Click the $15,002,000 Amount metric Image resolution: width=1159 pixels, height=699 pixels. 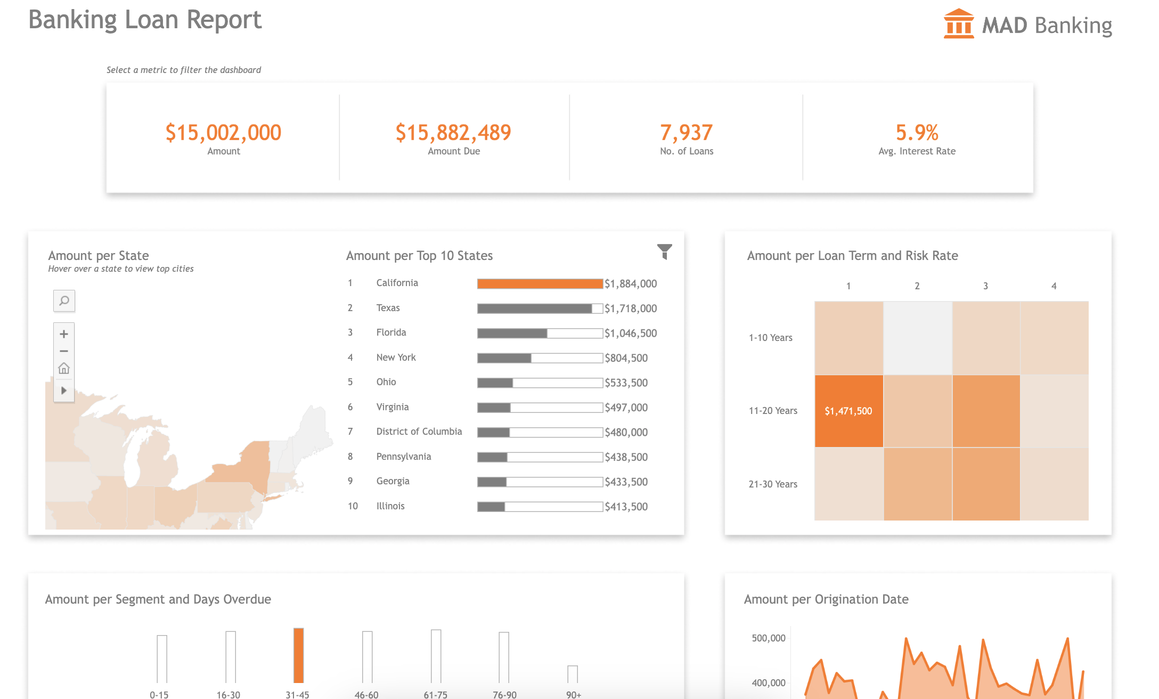pyautogui.click(x=223, y=133)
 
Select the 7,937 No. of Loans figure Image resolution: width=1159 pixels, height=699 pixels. pyautogui.click(x=686, y=133)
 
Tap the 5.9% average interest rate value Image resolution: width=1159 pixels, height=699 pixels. pyautogui.click(x=917, y=133)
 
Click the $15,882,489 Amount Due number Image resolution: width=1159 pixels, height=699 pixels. pyautogui.click(x=453, y=133)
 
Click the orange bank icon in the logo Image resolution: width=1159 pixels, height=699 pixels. pyautogui.click(x=958, y=24)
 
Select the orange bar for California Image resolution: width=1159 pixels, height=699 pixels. pyautogui.click(x=540, y=284)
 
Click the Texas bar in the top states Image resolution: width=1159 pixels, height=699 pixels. pyautogui.click(x=534, y=308)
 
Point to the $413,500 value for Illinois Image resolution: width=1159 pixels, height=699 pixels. pyautogui.click(x=626, y=507)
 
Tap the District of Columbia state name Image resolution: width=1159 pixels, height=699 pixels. pyautogui.click(x=419, y=432)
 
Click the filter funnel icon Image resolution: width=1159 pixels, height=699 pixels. pyautogui.click(x=664, y=251)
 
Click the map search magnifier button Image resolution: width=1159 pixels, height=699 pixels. pyautogui.click(x=64, y=301)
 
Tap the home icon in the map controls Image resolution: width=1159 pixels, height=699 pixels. pyautogui.click(x=64, y=369)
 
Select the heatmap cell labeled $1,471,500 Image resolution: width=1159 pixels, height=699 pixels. pyautogui.click(x=848, y=411)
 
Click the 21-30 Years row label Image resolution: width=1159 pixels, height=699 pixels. pyautogui.click(x=773, y=484)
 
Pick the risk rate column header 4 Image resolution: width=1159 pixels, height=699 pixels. pyautogui.click(x=1054, y=286)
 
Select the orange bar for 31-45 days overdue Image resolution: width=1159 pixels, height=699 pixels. pyautogui.click(x=298, y=655)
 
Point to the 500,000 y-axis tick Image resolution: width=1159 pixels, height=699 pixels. pyautogui.click(x=768, y=638)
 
